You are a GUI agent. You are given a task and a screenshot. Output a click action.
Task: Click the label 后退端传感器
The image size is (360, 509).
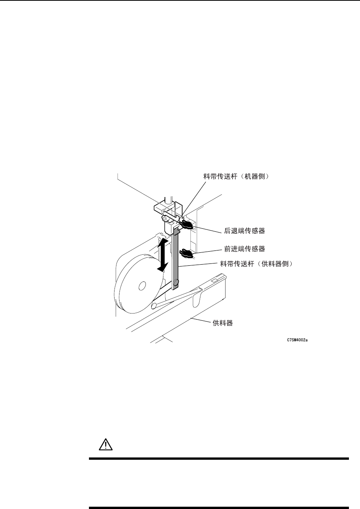click(x=244, y=231)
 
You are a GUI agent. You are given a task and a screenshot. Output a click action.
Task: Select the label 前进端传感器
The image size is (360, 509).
click(x=244, y=249)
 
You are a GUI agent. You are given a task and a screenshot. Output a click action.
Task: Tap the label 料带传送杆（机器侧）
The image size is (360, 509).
click(x=238, y=177)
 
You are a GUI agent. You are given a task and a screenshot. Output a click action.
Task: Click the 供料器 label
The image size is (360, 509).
click(x=223, y=323)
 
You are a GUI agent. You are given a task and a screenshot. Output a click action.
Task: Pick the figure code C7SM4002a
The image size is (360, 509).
click(x=297, y=339)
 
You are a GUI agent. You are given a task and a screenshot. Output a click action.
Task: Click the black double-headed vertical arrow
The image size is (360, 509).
click(x=162, y=254)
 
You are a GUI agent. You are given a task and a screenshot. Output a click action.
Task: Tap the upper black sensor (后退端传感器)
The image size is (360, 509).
click(x=187, y=224)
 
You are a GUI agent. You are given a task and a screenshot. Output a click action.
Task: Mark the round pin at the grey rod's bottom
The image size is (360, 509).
click(x=176, y=283)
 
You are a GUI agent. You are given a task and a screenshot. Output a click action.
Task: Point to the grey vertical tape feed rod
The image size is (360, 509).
click(x=176, y=256)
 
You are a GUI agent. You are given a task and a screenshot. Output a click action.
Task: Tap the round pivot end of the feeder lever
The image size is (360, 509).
click(x=155, y=305)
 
